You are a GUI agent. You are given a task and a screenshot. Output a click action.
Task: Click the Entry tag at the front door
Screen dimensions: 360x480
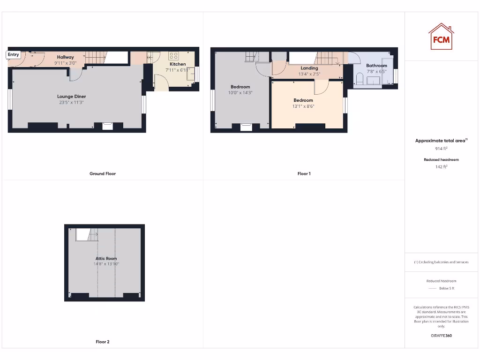pos(13,55)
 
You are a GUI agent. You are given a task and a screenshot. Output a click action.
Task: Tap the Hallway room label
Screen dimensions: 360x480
pos(66,57)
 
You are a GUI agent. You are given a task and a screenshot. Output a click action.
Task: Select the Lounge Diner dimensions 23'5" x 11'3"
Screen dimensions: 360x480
pos(72,102)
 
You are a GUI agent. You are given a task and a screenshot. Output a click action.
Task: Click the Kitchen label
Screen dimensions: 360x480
pos(178,64)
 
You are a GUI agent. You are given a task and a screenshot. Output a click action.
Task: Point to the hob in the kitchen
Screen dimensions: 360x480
pos(173,56)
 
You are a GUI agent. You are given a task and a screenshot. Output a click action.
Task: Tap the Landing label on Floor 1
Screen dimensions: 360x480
pos(309,68)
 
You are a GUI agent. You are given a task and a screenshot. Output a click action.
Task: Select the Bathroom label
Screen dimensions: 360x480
pos(376,66)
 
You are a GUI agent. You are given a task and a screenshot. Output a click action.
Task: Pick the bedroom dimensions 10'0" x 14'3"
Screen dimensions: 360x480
pos(240,93)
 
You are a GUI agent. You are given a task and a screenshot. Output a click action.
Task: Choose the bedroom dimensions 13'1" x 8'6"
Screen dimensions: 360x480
pos(303,106)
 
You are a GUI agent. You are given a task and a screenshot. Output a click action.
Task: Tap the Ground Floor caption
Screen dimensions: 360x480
pos(103,173)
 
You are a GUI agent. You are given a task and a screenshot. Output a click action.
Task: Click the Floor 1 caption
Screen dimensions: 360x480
pos(304,173)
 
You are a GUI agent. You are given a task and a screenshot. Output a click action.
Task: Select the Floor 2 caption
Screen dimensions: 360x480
pos(103,342)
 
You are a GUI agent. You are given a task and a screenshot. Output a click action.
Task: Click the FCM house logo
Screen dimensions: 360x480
pos(441,37)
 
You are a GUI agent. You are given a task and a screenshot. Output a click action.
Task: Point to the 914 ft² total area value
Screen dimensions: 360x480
pos(441,149)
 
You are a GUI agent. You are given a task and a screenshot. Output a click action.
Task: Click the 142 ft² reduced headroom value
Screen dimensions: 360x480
pos(441,166)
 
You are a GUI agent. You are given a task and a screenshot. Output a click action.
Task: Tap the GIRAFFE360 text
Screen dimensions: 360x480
pos(441,336)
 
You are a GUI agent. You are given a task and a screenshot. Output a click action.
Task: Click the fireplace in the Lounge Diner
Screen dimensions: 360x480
pos(108,125)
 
